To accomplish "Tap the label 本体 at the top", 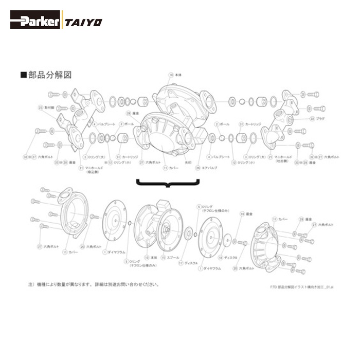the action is pos(178,75).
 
